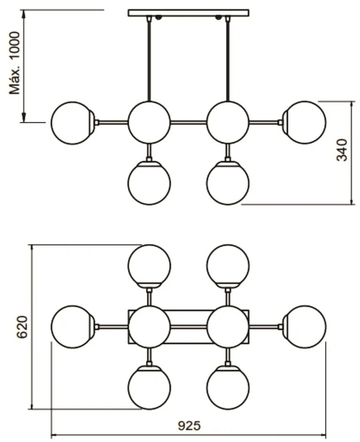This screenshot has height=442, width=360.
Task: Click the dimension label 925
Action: click(189, 426)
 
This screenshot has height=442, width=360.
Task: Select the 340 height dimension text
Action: click(343, 150)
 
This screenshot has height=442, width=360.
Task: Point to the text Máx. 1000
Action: click(16, 63)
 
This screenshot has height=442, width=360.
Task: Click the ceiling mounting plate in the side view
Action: click(188, 13)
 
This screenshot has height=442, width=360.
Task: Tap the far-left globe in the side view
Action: click(72, 122)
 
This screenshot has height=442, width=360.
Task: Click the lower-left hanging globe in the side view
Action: click(149, 183)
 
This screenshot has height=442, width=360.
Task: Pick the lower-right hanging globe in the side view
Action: click(228, 183)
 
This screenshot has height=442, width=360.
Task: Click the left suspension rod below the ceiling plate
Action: click(149, 59)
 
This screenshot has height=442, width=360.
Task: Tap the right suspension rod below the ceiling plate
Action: click(228, 59)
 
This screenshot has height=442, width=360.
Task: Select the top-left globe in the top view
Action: click(149, 264)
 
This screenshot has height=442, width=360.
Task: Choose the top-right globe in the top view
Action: click(228, 264)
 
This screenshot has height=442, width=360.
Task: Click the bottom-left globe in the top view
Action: click(149, 388)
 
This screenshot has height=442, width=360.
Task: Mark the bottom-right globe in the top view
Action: click(228, 388)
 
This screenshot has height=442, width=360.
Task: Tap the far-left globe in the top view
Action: click(72, 327)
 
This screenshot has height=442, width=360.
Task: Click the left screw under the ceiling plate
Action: click(158, 18)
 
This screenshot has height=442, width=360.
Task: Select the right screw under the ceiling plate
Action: click(218, 18)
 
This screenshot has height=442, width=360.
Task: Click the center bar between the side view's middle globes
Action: click(188, 122)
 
